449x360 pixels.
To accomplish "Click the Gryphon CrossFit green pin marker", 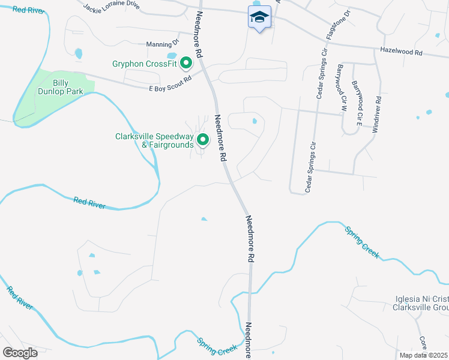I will pyautogui.click(x=186, y=62).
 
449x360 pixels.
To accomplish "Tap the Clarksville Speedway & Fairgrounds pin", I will pyautogui.click(x=203, y=140).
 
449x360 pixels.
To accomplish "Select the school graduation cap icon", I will pyautogui.click(x=259, y=17).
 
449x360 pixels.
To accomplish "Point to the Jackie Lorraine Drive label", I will pyautogui.click(x=112, y=7).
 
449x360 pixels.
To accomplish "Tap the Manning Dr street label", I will pyautogui.click(x=163, y=43).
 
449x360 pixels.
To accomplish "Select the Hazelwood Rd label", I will pyautogui.click(x=402, y=52).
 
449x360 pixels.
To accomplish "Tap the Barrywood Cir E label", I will pyautogui.click(x=358, y=103).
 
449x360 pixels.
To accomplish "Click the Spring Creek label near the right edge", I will pyautogui.click(x=361, y=242).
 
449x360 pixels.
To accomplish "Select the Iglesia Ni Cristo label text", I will pyautogui.click(x=422, y=299).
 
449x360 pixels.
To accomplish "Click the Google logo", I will pyautogui.click(x=20, y=353).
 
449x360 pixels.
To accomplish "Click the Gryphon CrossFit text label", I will pyautogui.click(x=146, y=64).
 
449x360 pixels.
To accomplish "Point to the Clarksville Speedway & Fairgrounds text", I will pyautogui.click(x=154, y=140).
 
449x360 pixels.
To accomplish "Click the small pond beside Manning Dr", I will pyautogui.click(x=79, y=54).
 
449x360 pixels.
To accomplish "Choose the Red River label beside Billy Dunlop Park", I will pyautogui.click(x=29, y=10).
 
